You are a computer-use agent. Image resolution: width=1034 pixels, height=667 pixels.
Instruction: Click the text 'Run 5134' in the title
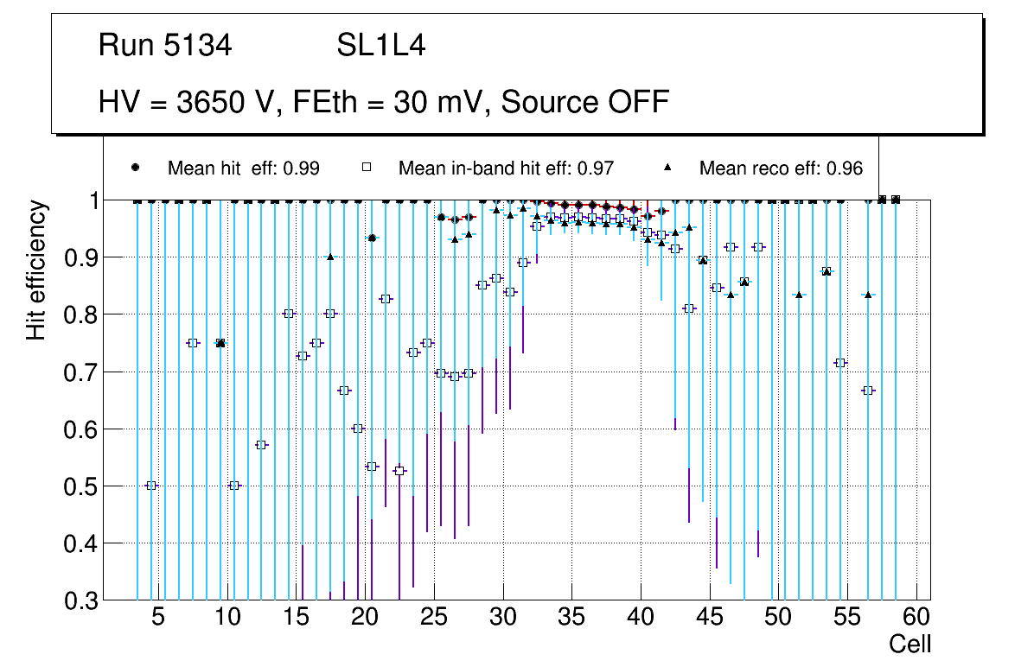pos(165,46)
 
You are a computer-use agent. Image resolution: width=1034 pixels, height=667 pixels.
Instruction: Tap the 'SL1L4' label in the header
pos(380,46)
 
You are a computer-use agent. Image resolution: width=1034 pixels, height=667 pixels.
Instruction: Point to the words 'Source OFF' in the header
pos(585,102)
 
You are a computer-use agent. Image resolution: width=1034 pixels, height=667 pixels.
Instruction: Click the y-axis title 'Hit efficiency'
pos(36,270)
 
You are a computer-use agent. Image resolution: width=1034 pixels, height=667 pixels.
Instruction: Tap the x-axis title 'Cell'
pos(910,645)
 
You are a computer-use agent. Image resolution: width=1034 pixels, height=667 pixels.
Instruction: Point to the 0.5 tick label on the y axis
pos(82,486)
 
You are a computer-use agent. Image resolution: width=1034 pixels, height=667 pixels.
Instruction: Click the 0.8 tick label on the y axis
pos(82,314)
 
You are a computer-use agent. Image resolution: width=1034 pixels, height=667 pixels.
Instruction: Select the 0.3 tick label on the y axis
pos(82,600)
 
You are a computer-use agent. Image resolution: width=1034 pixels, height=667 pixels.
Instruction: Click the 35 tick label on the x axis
pos(571,619)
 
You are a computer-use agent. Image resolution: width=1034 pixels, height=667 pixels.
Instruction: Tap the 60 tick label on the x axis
pos(916,619)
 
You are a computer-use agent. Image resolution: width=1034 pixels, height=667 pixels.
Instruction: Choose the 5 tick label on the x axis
pos(158,619)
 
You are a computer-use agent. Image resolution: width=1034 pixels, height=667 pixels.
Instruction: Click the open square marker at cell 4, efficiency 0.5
pos(151,486)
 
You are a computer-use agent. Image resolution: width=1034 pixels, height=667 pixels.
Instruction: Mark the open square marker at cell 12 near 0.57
pos(262,445)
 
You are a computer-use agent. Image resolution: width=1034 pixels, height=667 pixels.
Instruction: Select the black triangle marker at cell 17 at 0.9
pos(330,257)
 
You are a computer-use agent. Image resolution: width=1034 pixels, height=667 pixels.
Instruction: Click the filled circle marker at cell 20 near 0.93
pos(372,238)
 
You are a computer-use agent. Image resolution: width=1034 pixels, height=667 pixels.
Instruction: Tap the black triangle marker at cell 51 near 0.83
pos(799,295)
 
